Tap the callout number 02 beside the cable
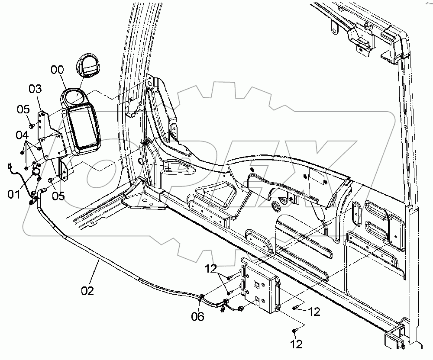[x=87, y=290]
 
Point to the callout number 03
[x=35, y=89]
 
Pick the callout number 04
[x=22, y=135]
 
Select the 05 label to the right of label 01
[x=58, y=196]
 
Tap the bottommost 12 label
[x=296, y=344]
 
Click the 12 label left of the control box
[x=211, y=269]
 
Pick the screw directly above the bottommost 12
[x=295, y=331]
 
